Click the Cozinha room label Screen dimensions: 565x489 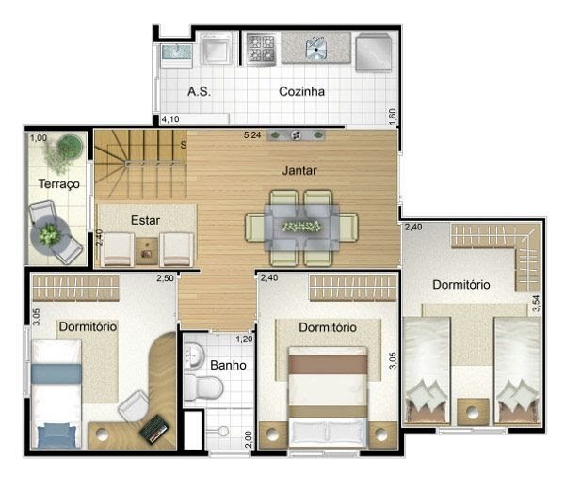[301, 91]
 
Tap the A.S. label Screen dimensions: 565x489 [199, 91]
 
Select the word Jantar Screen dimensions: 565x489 [299, 170]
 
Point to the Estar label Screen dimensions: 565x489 [145, 220]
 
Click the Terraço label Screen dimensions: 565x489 [59, 184]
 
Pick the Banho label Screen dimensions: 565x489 [228, 365]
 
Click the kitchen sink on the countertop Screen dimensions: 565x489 [316, 48]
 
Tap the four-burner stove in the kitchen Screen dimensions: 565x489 [261, 49]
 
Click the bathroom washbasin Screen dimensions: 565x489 [194, 355]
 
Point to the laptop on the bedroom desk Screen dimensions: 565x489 [154, 429]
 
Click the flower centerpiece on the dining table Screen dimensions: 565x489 [302, 227]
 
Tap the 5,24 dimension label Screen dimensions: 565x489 [252, 135]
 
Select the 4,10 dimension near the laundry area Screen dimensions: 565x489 [170, 119]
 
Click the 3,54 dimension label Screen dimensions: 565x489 [537, 304]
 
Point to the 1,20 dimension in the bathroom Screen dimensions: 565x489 [244, 339]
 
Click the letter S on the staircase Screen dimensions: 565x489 [184, 145]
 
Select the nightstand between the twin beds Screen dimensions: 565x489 [473, 412]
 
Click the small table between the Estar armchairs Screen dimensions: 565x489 [147, 250]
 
